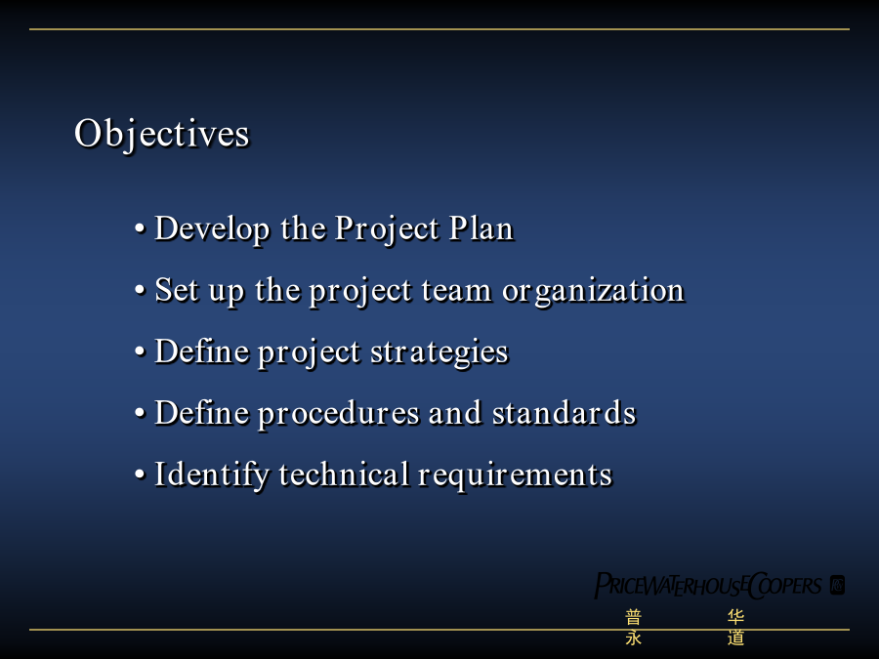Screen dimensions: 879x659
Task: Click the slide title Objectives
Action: pyautogui.click(x=162, y=135)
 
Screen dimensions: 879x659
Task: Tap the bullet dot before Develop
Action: pyautogui.click(x=140, y=228)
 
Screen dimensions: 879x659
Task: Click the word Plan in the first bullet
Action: pyautogui.click(x=481, y=228)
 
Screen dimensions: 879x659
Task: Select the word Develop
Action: pyautogui.click(x=212, y=229)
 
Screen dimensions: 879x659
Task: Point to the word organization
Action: pyautogui.click(x=593, y=291)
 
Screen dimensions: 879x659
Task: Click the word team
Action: pyautogui.click(x=456, y=291)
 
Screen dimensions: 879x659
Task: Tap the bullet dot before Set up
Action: pyautogui.click(x=140, y=290)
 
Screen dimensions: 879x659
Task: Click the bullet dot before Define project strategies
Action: pyautogui.click(x=140, y=351)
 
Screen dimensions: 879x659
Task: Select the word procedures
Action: pyautogui.click(x=339, y=414)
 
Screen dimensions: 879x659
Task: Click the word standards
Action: pyautogui.click(x=564, y=413)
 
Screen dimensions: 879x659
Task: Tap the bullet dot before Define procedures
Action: pyautogui.click(x=140, y=413)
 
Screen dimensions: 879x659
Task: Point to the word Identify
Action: pyautogui.click(x=212, y=475)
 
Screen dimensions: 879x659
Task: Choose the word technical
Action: pyautogui.click(x=344, y=474)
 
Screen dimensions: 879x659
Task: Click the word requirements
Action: pyautogui.click(x=515, y=475)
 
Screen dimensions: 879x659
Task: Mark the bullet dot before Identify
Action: pyautogui.click(x=140, y=474)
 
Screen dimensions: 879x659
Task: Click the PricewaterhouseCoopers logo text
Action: pyautogui.click(x=708, y=586)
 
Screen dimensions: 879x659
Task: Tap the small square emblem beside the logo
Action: pyautogui.click(x=838, y=585)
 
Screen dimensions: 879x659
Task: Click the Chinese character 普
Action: pyautogui.click(x=634, y=618)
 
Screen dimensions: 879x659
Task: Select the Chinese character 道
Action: pyautogui.click(x=736, y=638)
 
